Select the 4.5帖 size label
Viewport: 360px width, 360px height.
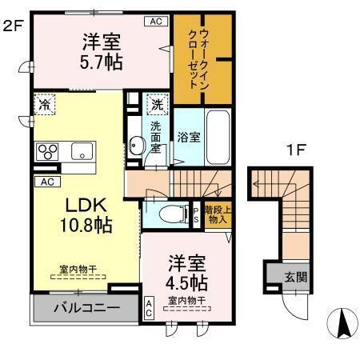pos(188,282)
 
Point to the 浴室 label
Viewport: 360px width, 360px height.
pos(189,138)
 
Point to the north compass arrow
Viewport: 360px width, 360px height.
pos(342,322)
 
